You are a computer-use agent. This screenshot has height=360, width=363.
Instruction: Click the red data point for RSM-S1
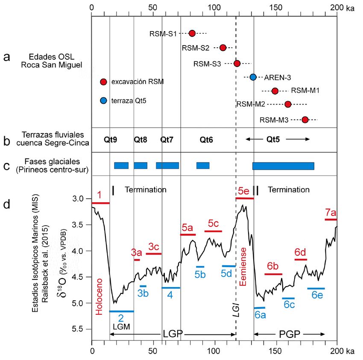point(192,33)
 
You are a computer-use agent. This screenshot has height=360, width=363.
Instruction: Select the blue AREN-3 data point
point(253,77)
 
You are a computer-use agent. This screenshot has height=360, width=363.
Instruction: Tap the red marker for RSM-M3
point(305,120)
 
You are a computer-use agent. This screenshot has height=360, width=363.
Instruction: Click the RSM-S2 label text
point(196,48)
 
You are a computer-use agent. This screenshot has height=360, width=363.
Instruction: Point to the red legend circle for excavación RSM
point(103,82)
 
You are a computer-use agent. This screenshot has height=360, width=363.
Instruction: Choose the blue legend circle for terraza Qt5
point(103,101)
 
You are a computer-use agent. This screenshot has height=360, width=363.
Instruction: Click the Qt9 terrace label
point(111,139)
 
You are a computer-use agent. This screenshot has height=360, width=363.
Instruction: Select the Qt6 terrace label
point(207,139)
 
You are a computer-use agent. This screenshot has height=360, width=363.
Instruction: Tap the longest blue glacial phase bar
point(283,166)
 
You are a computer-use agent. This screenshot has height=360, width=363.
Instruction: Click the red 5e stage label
point(244,191)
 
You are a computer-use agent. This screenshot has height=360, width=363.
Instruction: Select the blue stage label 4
point(170,295)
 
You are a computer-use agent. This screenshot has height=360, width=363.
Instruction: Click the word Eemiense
point(244,264)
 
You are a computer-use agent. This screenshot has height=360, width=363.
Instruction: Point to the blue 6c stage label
point(289,305)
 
